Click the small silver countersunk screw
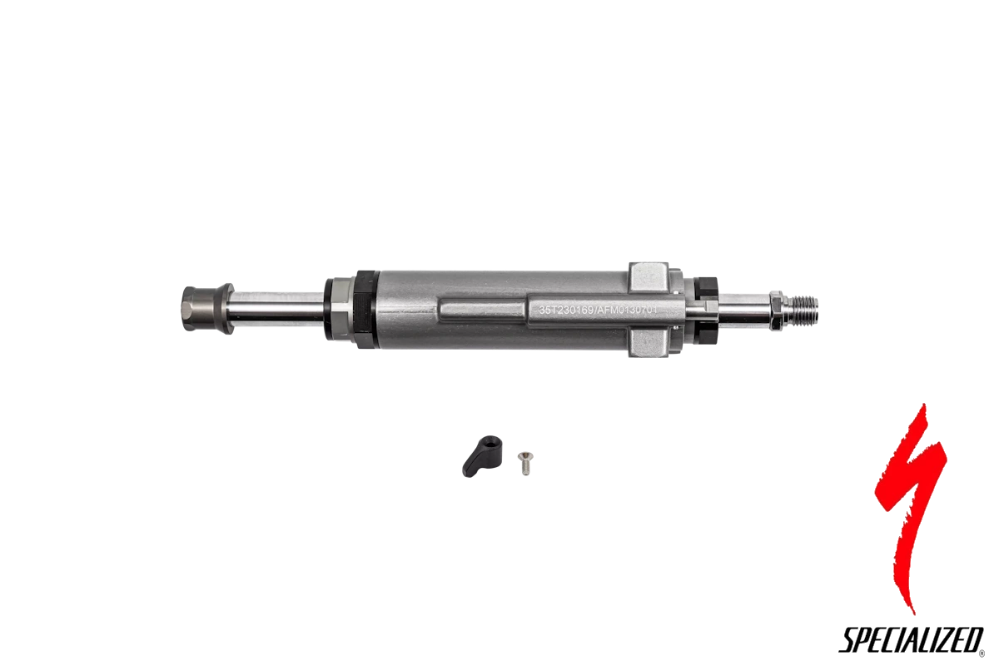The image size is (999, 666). pyautogui.click(x=525, y=464)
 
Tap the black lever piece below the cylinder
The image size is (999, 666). pyautogui.click(x=480, y=456)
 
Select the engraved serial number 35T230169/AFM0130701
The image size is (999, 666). pyautogui.click(x=599, y=310)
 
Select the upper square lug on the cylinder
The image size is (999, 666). pyautogui.click(x=649, y=277)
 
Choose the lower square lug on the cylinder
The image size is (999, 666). pyautogui.click(x=649, y=343)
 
